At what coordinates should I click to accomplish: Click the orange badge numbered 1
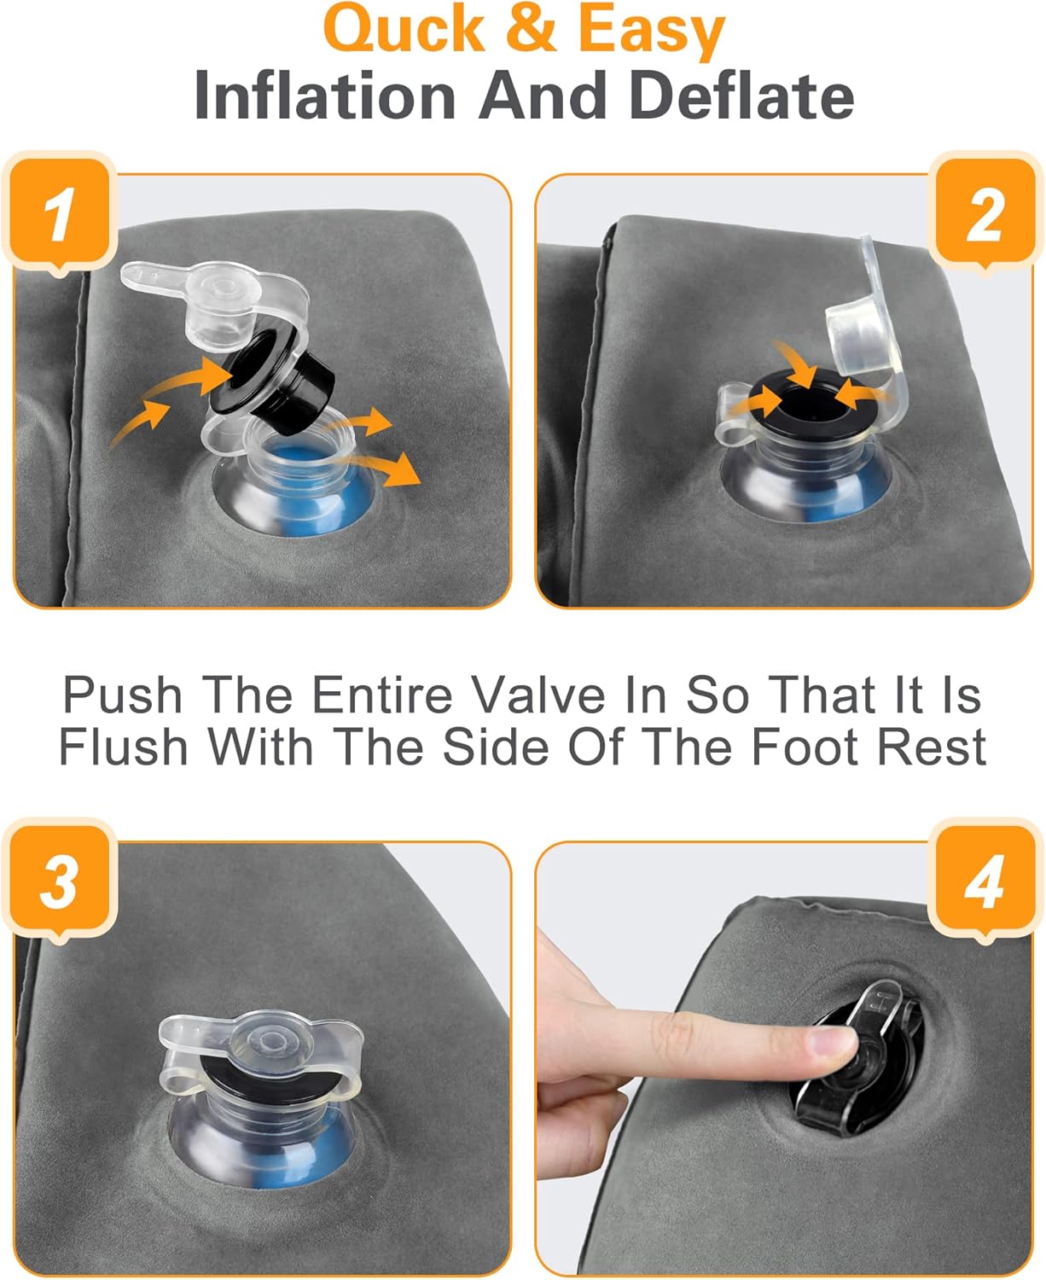(x=60, y=213)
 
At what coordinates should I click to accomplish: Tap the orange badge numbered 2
(x=984, y=213)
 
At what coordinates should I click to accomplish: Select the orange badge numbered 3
(x=60, y=880)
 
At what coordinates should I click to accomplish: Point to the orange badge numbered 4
(x=984, y=880)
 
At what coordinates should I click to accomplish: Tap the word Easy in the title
(x=651, y=32)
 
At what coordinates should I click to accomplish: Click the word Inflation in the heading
(x=324, y=96)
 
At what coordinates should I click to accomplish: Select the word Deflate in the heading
(x=741, y=96)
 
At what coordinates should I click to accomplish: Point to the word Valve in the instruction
(x=538, y=695)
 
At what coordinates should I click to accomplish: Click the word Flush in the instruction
(x=123, y=747)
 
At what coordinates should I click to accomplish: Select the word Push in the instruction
(x=123, y=695)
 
